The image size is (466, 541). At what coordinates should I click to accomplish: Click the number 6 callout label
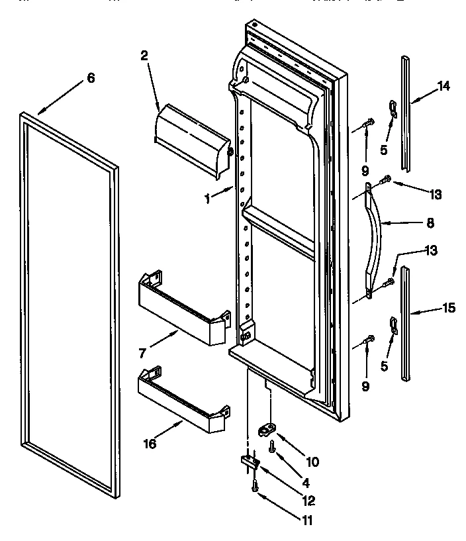[91, 78]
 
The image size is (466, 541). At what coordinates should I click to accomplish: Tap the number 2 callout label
[144, 57]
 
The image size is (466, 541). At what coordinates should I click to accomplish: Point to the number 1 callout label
[208, 197]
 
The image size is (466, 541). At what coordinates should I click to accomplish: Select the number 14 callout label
[443, 85]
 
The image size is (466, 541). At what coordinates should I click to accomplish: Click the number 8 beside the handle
[430, 224]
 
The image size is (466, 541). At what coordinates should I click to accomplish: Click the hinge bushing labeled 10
[267, 430]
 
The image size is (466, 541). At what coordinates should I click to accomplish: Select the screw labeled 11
[254, 487]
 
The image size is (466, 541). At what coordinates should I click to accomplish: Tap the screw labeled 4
[272, 447]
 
